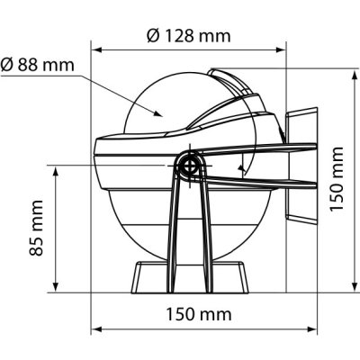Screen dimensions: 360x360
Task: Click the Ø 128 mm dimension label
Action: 189,36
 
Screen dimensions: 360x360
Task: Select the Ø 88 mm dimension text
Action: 37,65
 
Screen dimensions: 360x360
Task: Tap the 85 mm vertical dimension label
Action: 36,228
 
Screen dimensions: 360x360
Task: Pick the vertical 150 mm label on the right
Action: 337,179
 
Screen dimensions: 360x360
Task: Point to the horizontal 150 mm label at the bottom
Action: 199,315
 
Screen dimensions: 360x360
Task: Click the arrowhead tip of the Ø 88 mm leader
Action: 162,115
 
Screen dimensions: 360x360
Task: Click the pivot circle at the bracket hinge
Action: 190,166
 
